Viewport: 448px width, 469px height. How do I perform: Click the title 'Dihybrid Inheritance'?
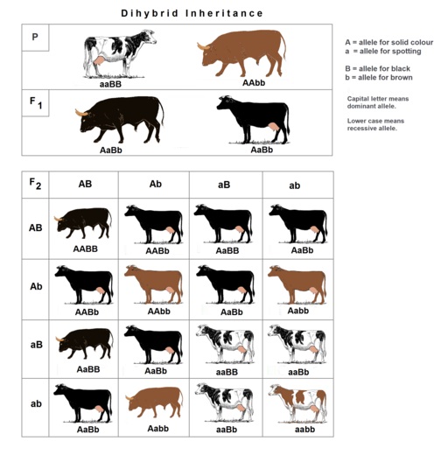[x=192, y=13]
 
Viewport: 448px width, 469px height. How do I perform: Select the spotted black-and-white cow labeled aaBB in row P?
[x=120, y=54]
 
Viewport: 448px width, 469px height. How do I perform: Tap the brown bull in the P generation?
[x=241, y=53]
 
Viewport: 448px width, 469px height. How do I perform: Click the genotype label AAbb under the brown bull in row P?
[x=254, y=83]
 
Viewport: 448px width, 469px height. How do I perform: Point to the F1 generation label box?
[x=35, y=103]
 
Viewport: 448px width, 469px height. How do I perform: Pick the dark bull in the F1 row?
[x=119, y=120]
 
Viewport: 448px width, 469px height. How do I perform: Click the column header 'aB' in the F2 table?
[x=224, y=185]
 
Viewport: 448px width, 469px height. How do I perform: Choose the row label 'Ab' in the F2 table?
[x=36, y=286]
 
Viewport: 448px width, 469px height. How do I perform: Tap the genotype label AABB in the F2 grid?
[x=86, y=248]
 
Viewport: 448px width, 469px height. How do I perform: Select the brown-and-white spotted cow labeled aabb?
[x=297, y=403]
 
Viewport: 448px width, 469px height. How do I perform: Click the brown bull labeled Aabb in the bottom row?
[x=154, y=402]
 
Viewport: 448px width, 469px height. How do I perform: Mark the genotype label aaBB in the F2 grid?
[x=227, y=373]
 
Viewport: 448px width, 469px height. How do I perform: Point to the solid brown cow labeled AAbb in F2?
[x=153, y=284]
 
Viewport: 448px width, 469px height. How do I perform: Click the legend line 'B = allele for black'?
[x=377, y=68]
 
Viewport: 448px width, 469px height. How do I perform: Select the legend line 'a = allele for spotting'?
[x=383, y=51]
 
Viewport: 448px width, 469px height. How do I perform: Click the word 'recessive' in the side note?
[x=358, y=129]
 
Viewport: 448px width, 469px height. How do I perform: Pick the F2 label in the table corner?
[x=35, y=184]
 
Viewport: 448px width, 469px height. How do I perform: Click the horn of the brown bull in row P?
[x=203, y=46]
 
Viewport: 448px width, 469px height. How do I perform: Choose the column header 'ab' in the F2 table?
[x=295, y=185]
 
